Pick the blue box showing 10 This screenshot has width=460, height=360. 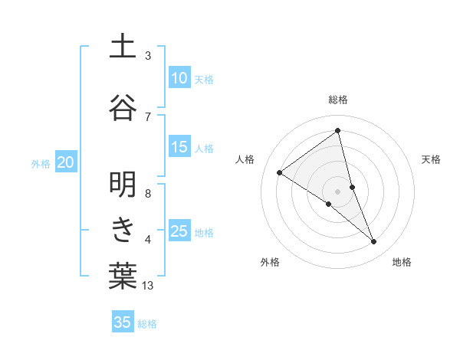179,78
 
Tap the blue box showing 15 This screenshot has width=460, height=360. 179,148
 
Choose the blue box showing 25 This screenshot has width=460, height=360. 179,231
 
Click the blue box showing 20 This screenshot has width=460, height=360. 66,162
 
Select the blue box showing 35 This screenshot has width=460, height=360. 123,322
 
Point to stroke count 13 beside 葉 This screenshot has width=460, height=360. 149,286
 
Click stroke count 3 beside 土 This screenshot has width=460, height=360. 148,56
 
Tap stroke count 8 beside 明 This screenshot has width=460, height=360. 148,193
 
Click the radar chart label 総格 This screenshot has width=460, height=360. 338,100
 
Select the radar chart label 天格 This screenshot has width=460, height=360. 432,159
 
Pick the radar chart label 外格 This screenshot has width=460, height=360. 270,262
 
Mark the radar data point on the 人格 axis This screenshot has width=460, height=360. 279,172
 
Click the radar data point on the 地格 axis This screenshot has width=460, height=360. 374,242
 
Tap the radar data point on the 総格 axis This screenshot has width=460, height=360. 338,130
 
